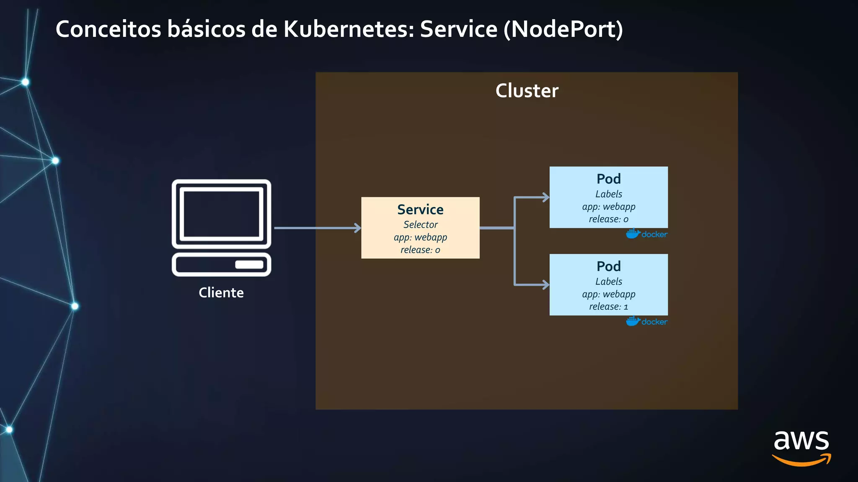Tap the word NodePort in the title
(x=563, y=29)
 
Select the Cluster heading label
(x=527, y=91)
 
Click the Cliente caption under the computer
(x=221, y=292)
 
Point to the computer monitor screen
(x=221, y=214)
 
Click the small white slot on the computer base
(x=249, y=264)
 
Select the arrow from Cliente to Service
(x=316, y=228)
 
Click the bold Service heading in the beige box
(x=420, y=209)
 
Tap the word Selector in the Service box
(x=420, y=225)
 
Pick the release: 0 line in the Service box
(x=420, y=250)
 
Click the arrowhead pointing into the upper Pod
(x=545, y=197)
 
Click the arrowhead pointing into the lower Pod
(x=545, y=285)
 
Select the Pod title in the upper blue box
(x=608, y=179)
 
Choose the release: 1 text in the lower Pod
(x=608, y=307)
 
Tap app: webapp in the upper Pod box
(x=608, y=207)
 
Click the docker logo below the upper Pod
(x=646, y=234)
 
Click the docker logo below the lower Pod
(x=646, y=321)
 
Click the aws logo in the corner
(x=801, y=448)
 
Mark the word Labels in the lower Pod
(x=608, y=282)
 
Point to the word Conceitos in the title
(x=108, y=29)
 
